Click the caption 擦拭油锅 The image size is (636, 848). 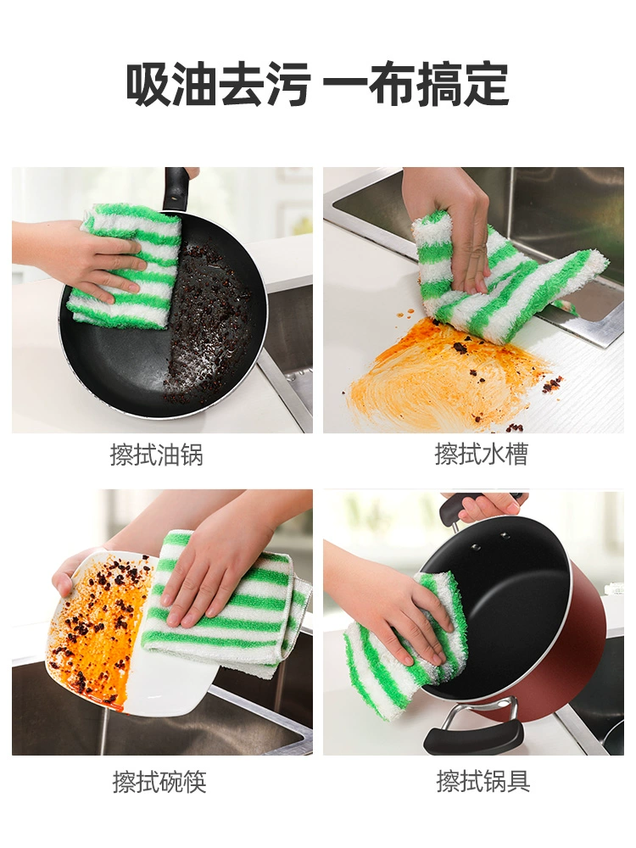click(x=156, y=455)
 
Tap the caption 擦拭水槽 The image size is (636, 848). click(x=481, y=454)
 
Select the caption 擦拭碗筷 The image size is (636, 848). click(x=159, y=782)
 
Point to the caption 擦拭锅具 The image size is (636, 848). click(x=483, y=781)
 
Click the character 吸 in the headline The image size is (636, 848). click(x=148, y=84)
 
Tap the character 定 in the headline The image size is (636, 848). click(x=486, y=84)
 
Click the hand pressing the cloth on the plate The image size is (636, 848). click(x=216, y=573)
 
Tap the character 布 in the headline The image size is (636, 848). click(x=393, y=84)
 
